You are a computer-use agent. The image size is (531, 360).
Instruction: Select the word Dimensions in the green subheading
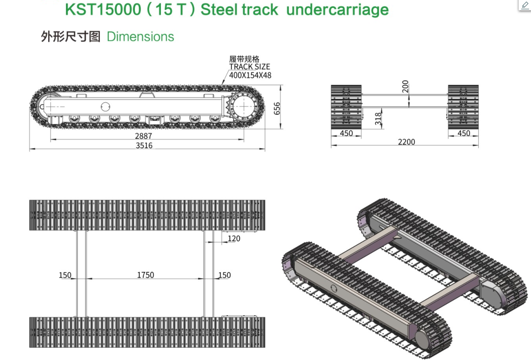pyautogui.click(x=140, y=37)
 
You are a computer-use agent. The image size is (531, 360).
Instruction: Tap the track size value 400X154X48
pyautogui.click(x=250, y=75)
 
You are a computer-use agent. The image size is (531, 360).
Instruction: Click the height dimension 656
pyautogui.click(x=277, y=108)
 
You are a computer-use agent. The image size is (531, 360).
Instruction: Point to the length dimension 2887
pyautogui.click(x=144, y=136)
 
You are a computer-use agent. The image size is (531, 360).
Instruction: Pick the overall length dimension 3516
pyautogui.click(x=144, y=145)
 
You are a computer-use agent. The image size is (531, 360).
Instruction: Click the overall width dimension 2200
pyautogui.click(x=406, y=142)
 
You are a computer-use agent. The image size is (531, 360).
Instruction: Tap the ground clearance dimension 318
pyautogui.click(x=378, y=119)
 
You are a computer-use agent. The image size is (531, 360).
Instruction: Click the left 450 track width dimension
pyautogui.click(x=346, y=133)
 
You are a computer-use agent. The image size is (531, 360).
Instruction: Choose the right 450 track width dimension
pyautogui.click(x=464, y=133)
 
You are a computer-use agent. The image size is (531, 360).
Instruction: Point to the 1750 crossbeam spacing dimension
pyautogui.click(x=145, y=275)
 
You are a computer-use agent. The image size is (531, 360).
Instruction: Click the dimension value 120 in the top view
pyautogui.click(x=234, y=238)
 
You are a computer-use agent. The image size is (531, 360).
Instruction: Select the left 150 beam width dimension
pyautogui.click(x=65, y=275)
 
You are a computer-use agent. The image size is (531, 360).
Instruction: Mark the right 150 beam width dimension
pyautogui.click(x=224, y=275)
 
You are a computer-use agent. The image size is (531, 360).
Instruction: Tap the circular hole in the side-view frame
pyautogui.click(x=106, y=105)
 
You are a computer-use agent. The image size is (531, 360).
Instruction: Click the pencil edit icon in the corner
pyautogui.click(x=525, y=5)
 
